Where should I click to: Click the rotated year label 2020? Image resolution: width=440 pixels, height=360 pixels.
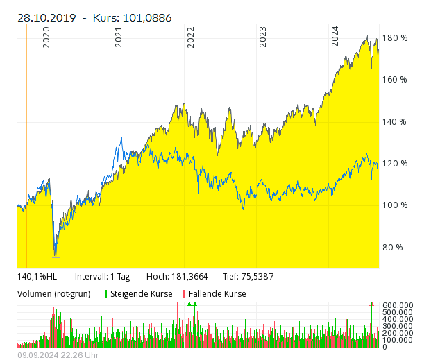click(x=46, y=37)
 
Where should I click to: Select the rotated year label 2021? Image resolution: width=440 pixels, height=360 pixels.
click(x=119, y=37)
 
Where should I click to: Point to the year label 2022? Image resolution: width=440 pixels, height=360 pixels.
click(x=191, y=37)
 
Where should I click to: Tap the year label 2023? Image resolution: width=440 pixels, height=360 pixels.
click(x=263, y=37)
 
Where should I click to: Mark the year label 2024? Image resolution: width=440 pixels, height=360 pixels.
click(x=335, y=37)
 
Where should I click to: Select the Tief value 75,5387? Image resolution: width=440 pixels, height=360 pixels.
click(x=258, y=276)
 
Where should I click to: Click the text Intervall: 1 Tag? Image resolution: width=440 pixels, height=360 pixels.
click(x=102, y=276)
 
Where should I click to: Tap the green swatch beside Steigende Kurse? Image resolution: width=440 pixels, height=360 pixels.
click(x=106, y=293)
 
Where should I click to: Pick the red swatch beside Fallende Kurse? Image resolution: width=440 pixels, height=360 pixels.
click(x=185, y=293)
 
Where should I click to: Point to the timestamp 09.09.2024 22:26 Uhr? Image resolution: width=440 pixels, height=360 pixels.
click(x=58, y=355)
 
